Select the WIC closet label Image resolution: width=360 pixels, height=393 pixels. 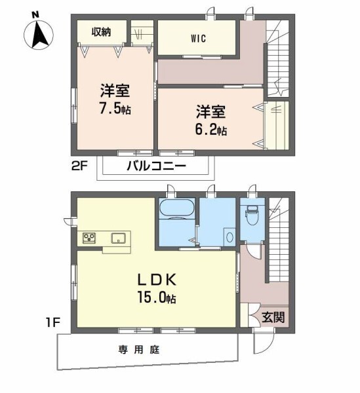pos(199,37)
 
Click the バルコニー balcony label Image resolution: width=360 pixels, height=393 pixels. pos(156,167)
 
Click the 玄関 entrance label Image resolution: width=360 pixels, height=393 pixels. pos(273,319)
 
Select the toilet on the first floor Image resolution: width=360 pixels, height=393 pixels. pos(251,213)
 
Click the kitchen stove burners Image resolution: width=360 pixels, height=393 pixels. pos(90,237)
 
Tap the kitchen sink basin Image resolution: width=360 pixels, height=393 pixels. pos(118,237)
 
